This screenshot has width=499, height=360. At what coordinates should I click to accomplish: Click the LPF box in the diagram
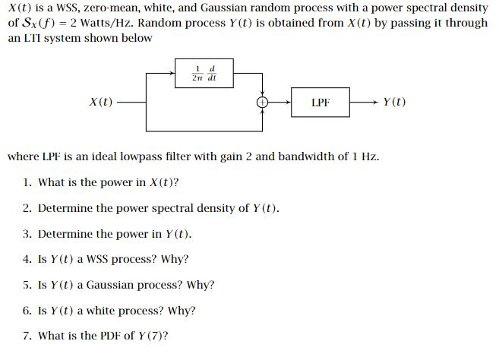(x=321, y=102)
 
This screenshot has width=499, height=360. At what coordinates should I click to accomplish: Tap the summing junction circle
(x=263, y=101)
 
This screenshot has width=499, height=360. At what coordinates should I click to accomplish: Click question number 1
(x=27, y=182)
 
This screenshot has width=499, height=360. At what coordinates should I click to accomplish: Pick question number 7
(x=27, y=336)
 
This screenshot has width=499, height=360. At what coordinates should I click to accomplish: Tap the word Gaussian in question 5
(x=112, y=285)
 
